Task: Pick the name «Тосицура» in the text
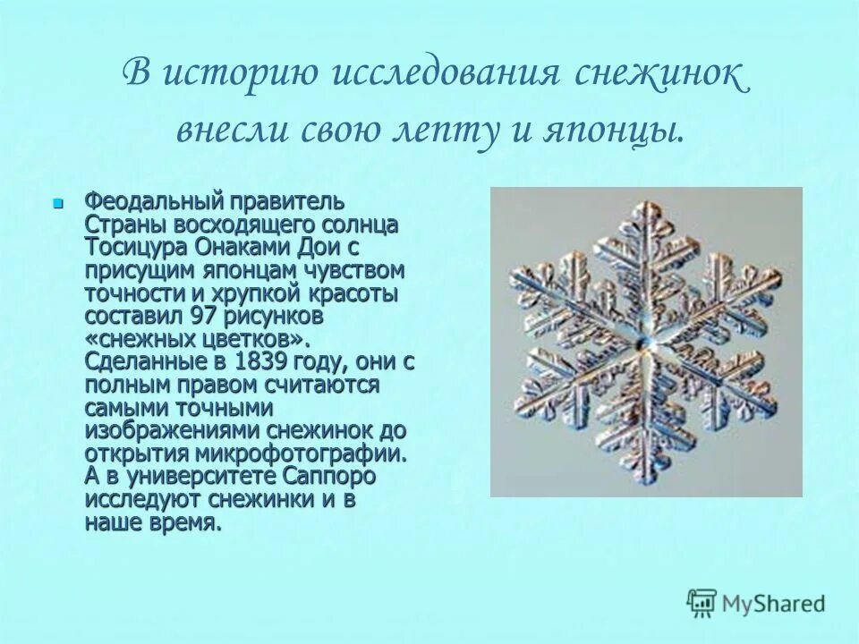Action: [131, 247]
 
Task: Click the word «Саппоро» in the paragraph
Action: [330, 476]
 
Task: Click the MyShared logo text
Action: [775, 603]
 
